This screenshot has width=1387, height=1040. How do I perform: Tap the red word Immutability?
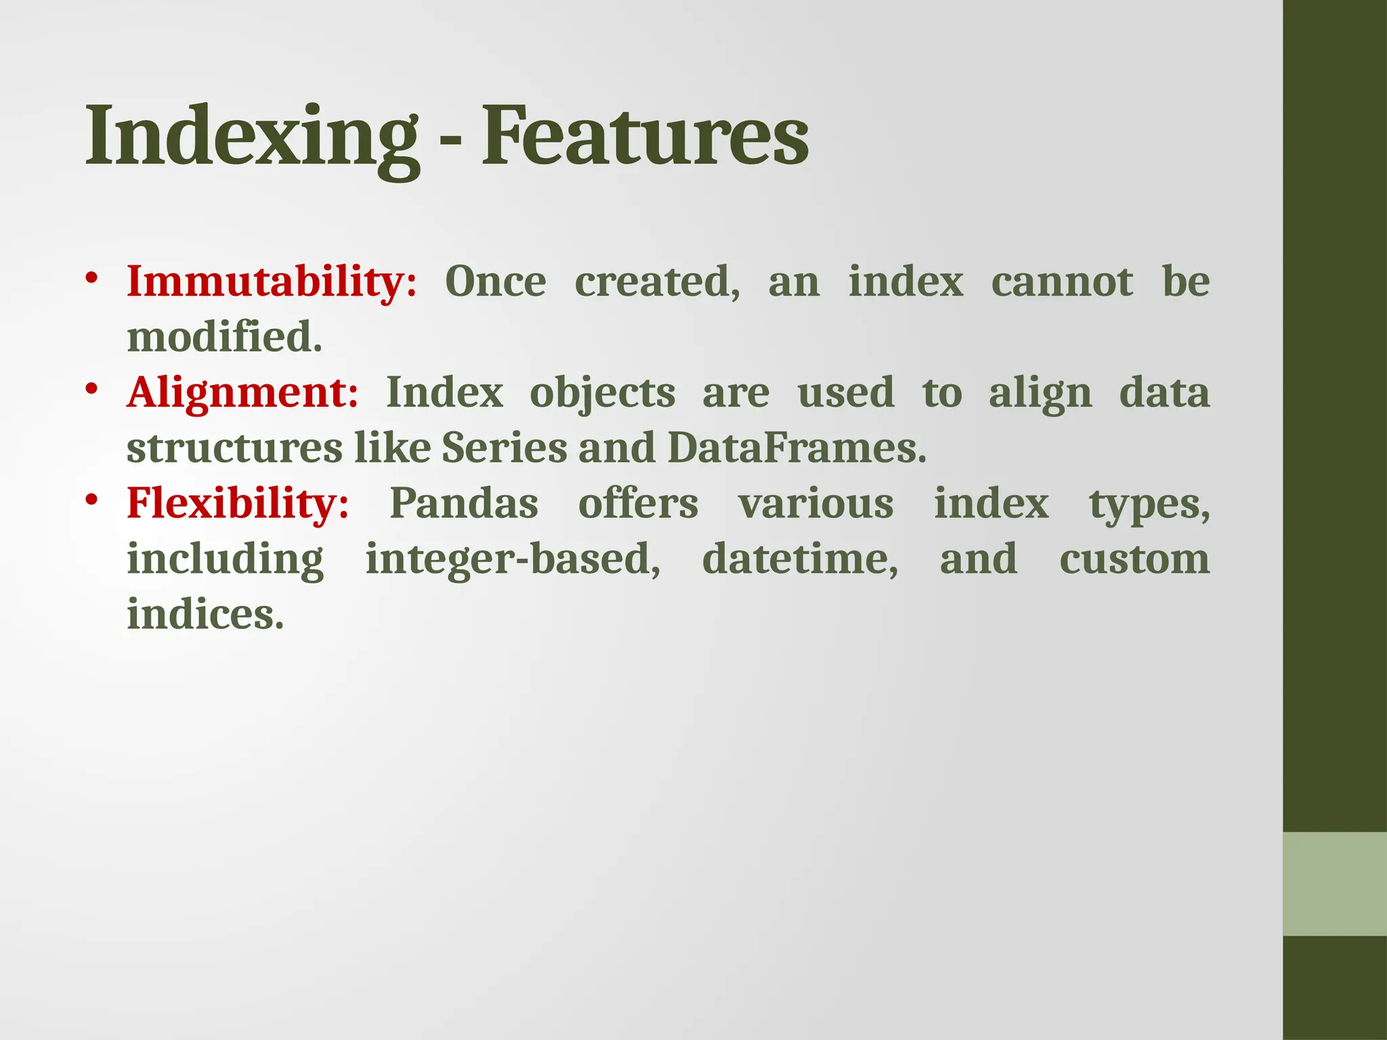click(271, 282)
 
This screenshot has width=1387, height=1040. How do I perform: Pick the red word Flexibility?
click(237, 504)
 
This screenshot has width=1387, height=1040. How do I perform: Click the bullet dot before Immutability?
click(92, 278)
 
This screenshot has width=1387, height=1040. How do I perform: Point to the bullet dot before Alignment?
click(92, 389)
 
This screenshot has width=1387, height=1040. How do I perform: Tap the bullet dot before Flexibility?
click(92, 500)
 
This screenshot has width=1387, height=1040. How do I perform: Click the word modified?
click(223, 337)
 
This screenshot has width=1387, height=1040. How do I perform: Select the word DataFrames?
click(796, 448)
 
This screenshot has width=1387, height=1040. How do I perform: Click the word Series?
click(504, 448)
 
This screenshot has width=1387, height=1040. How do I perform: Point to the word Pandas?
click(464, 504)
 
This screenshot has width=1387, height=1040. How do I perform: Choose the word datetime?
click(800, 559)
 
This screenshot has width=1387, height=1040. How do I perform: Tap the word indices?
click(205, 615)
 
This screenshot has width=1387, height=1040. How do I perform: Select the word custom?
click(1134, 559)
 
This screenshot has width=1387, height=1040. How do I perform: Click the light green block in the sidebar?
click(1334, 884)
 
